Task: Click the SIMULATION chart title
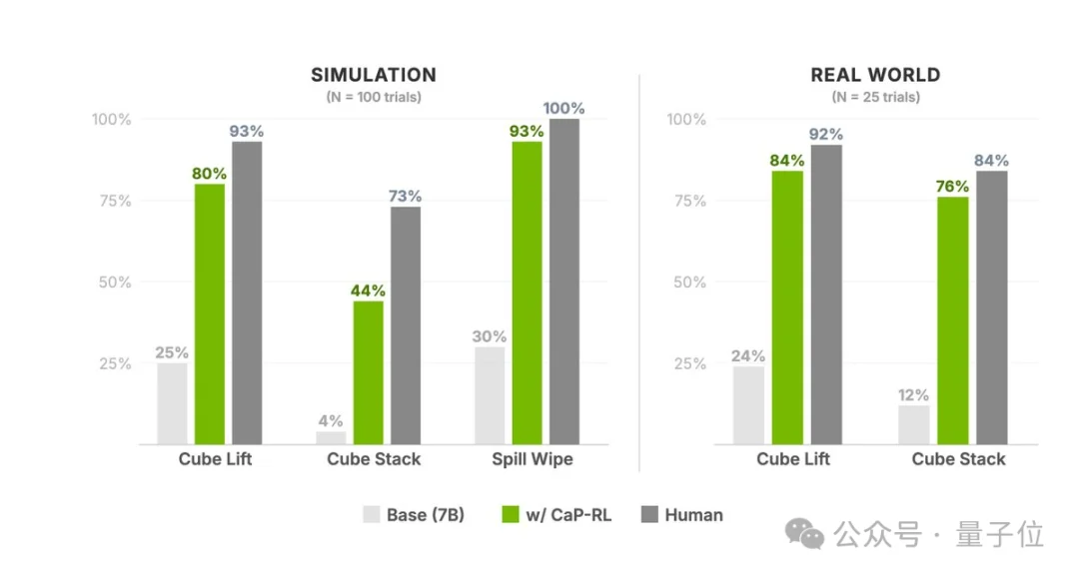tap(373, 76)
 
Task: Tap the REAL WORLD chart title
tap(875, 76)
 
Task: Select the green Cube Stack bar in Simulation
tap(368, 372)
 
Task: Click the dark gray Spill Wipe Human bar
tap(563, 282)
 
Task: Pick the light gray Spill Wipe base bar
tap(490, 395)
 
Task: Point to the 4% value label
tap(331, 420)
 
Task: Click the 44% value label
tap(368, 290)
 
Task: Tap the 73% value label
tap(406, 197)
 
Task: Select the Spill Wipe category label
tap(533, 459)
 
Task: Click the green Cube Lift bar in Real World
tap(787, 307)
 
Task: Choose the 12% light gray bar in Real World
tap(913, 425)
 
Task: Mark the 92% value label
tap(826, 135)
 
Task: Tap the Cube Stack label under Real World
tap(958, 459)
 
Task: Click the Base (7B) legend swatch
tap(371, 515)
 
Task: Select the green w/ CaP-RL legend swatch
tap(510, 515)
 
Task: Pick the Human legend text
tap(693, 515)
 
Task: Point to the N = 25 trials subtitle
tap(875, 98)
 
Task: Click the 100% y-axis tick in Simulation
tap(112, 120)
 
